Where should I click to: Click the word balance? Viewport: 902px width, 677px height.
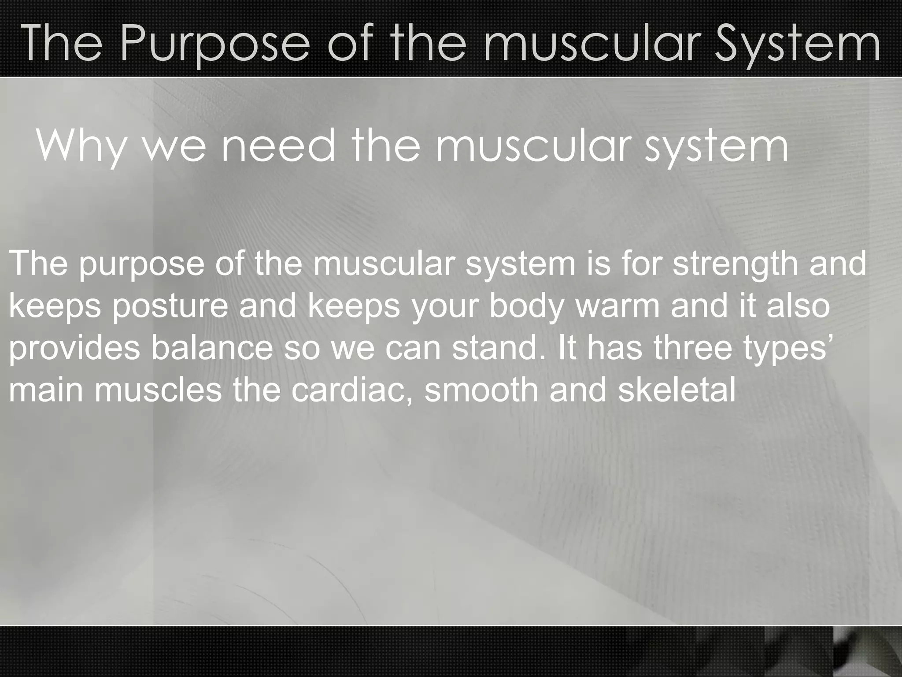tap(211, 348)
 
